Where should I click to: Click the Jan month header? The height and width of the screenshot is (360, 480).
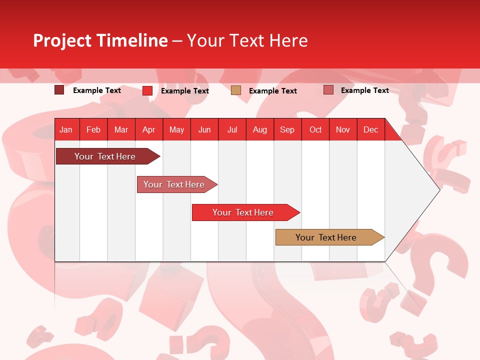pos(66,129)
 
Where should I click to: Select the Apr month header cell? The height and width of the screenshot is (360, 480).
pos(149,129)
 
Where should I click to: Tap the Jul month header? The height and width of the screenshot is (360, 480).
pos(232,129)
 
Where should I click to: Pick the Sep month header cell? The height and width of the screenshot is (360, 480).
pos(287,129)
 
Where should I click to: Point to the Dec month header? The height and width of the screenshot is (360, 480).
pos(370,129)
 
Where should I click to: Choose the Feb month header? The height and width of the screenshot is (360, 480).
pos(93,129)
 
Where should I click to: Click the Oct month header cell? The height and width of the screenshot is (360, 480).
pos(315,129)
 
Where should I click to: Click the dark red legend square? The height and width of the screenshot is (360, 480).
pos(59,90)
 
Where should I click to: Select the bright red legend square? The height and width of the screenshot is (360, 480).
pos(147,90)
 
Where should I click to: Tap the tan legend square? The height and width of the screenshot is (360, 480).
pos(236,90)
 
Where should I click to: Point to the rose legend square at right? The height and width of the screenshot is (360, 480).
pos(328,90)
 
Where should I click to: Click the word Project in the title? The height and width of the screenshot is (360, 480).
pos(62,40)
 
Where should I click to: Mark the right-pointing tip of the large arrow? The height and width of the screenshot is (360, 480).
pos(438,189)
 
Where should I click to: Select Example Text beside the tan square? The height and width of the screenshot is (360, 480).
pos(273,91)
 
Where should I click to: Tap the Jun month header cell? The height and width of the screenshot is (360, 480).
pos(204,129)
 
